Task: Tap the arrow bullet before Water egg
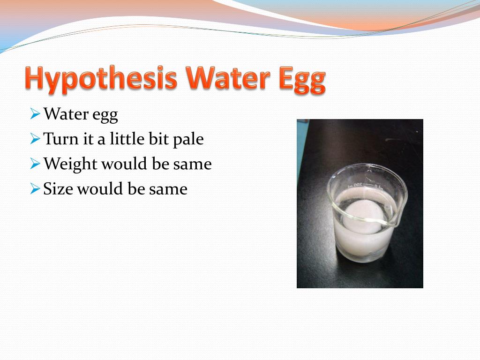click(x=35, y=114)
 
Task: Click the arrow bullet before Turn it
click(x=35, y=139)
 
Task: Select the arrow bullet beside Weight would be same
click(x=35, y=164)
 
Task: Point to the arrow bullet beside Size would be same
click(x=35, y=189)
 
